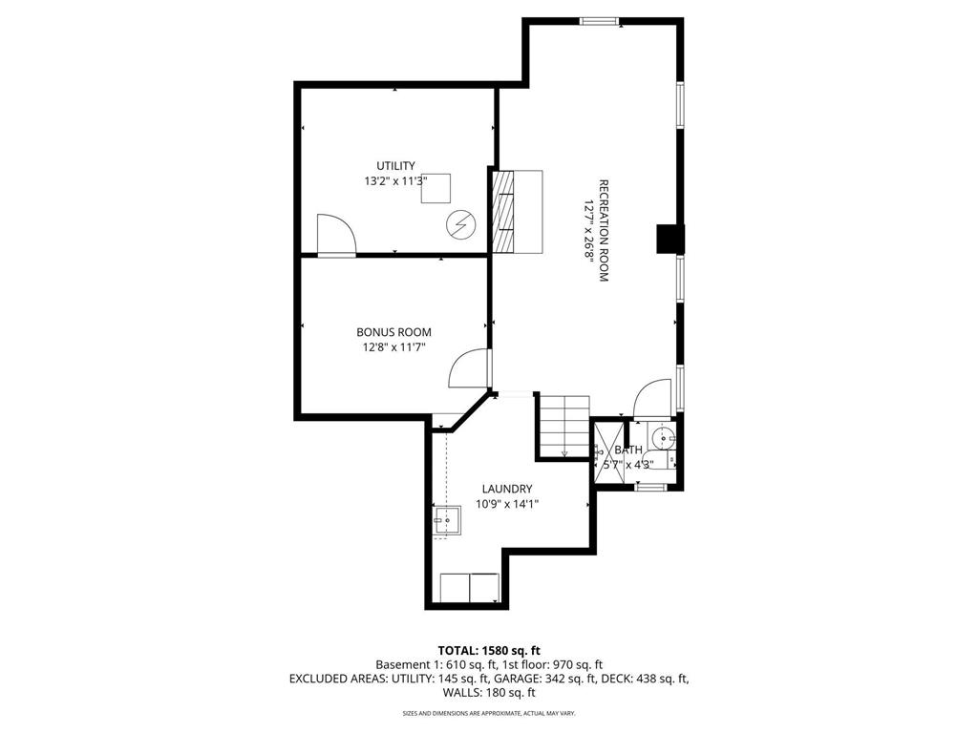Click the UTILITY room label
pos(395,166)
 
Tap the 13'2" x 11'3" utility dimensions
pos(395,180)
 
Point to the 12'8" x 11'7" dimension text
pos(393,347)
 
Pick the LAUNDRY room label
pos(505,489)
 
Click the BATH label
pos(627,450)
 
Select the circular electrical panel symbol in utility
pos(460,225)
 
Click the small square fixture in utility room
pos(438,188)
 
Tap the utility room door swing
pos(334,235)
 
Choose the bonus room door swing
pos(470,368)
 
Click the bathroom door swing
pos(653,399)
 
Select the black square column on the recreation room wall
pos(670,239)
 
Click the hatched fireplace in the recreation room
pos(503,211)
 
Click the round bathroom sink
pos(662,439)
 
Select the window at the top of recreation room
pos(599,21)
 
